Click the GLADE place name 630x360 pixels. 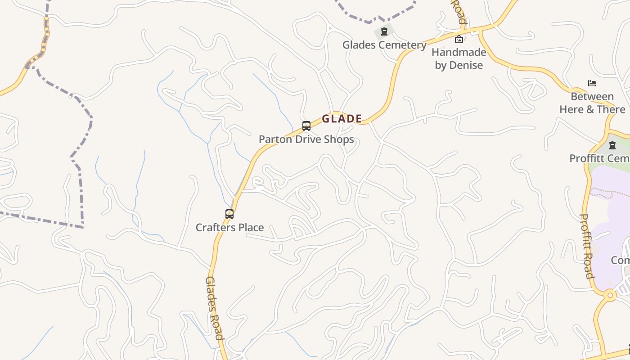(342, 119)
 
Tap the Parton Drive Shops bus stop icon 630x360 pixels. (306, 126)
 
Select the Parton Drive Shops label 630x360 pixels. (306, 139)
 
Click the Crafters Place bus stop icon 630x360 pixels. (229, 214)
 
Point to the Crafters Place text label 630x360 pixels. (229, 228)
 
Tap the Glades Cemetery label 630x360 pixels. (384, 45)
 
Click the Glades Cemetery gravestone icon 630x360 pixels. (384, 31)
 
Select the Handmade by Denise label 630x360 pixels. (459, 58)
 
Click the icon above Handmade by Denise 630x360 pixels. (459, 39)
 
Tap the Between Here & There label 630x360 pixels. (592, 103)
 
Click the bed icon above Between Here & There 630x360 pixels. (592, 83)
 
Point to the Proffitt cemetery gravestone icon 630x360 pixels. (612, 145)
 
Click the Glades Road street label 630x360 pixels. (214, 308)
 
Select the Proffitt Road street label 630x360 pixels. (586, 246)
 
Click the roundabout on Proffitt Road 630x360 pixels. (610, 296)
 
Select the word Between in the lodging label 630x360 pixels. (592, 97)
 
